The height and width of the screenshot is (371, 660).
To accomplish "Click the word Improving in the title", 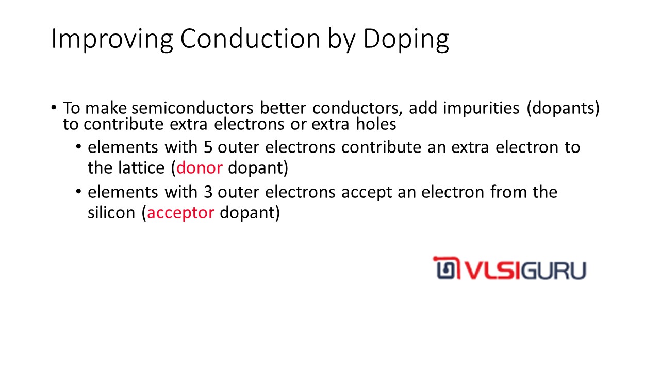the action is (x=112, y=39).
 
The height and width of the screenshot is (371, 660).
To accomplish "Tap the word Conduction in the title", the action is (x=250, y=39).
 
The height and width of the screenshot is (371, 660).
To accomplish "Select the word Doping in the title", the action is (x=406, y=40).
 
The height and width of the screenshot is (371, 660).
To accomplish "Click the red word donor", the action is (x=200, y=168).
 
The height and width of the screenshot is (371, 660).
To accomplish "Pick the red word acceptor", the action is (x=180, y=213).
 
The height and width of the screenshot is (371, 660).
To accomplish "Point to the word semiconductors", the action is (x=192, y=108).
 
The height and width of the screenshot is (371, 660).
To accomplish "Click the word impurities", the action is (x=481, y=108).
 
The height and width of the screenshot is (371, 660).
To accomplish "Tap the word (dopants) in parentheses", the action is (x=563, y=108).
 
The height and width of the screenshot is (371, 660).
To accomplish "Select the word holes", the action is (x=376, y=124).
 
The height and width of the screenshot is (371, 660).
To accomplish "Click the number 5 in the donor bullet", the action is (x=208, y=147).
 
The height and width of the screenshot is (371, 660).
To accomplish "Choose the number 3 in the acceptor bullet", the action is (x=208, y=192).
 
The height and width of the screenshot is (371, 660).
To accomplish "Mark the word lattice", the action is (x=141, y=168).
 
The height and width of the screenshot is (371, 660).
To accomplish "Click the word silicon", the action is (x=111, y=213).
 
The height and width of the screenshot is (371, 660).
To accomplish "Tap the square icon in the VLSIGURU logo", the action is (x=446, y=268).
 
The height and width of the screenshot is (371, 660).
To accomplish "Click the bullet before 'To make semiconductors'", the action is (x=53, y=107).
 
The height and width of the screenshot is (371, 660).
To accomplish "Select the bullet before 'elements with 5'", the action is (x=78, y=146).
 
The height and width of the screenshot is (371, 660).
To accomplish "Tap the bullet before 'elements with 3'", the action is (x=78, y=191).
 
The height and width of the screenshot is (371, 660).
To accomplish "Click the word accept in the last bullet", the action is (x=366, y=193).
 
